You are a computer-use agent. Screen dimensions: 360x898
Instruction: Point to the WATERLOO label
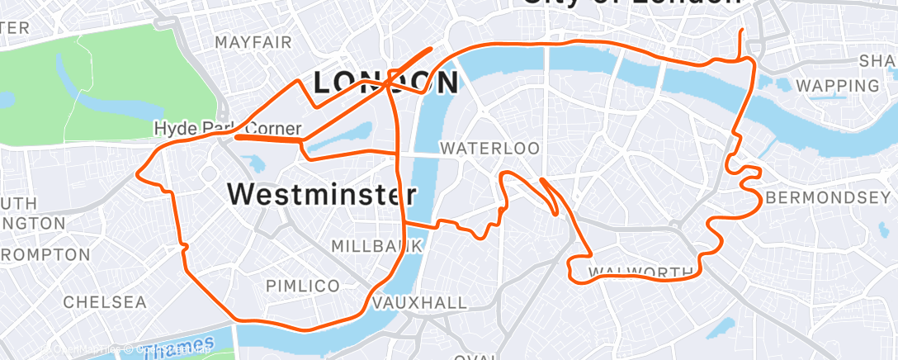coord(489,149)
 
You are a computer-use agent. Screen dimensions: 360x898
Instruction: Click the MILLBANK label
coord(376,246)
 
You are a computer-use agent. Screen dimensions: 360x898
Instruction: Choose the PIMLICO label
coord(303,286)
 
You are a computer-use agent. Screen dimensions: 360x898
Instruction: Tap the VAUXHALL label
coord(419,303)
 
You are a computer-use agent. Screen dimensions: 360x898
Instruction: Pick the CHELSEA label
coord(104,301)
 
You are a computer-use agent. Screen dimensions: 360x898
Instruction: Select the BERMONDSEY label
coord(829,198)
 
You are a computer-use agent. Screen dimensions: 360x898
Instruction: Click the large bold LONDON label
coord(386,83)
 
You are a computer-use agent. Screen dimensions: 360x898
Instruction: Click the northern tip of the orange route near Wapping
coord(741,30)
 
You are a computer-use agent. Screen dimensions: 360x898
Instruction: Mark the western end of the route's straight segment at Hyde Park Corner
coord(236,137)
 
